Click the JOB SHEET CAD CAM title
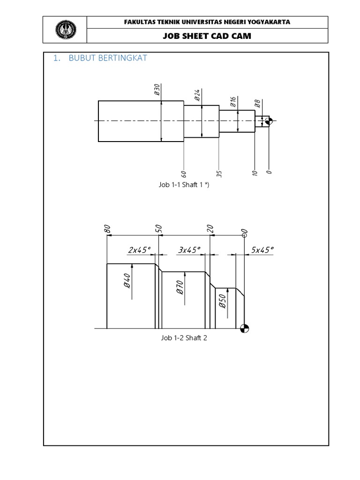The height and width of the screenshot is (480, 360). point(207,36)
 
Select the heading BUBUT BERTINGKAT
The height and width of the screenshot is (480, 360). point(108,59)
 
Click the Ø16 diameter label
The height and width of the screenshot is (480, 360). point(233,102)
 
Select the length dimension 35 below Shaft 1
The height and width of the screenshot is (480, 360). point(219,173)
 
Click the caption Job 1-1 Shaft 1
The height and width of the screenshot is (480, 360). point(183,185)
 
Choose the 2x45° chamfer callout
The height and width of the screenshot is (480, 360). point(139,250)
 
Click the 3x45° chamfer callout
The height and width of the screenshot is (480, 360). point(189,250)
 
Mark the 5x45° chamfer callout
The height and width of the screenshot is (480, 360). point(262,250)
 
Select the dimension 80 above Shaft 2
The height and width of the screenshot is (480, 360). point(107,229)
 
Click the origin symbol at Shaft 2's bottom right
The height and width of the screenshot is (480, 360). point(244,329)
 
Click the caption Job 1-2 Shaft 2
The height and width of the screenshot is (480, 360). point(184,338)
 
